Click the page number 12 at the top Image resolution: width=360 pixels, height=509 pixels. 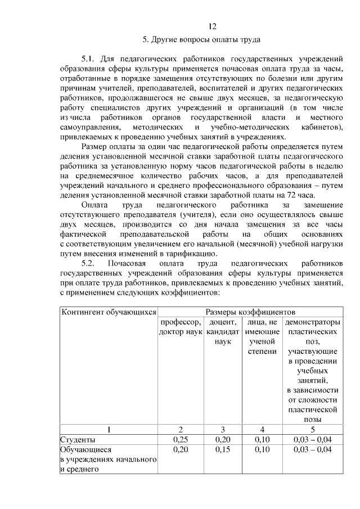point(213,26)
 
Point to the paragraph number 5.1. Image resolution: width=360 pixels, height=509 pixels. point(91,58)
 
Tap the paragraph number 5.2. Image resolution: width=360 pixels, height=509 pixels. point(91,263)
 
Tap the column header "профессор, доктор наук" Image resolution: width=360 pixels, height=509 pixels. point(179,327)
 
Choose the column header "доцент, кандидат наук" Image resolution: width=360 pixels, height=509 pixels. point(223,332)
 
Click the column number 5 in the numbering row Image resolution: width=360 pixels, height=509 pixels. point(313,430)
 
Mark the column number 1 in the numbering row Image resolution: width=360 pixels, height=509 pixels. point(108,430)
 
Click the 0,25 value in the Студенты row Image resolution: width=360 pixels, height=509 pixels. point(180,439)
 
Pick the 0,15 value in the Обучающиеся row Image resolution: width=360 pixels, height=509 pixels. point(223,449)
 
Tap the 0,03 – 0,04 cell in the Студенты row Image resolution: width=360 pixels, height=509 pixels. point(313,439)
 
